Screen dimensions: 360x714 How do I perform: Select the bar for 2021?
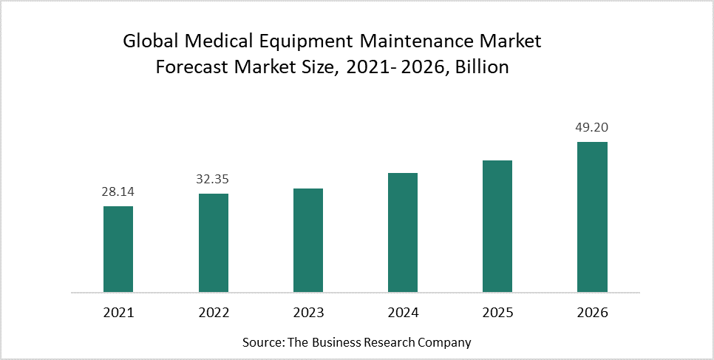118,249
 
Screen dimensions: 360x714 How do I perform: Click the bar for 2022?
214,243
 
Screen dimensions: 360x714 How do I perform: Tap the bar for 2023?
308,240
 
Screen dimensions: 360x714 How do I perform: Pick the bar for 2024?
403,233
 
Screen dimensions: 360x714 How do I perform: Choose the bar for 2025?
497,226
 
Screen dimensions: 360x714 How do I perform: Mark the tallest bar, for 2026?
592,217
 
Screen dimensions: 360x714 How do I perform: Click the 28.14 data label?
118,192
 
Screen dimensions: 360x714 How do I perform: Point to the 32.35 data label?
214,180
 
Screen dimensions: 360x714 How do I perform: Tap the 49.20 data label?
592,128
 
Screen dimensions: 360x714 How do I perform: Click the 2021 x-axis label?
118,313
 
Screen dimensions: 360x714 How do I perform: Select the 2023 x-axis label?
308,313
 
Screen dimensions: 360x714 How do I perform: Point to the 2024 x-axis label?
403,313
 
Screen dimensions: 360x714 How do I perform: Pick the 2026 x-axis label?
592,313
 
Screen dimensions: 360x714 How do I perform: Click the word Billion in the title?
482,67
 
